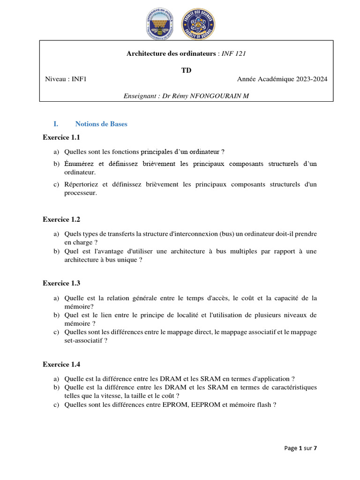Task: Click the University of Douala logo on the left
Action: pos(159,24)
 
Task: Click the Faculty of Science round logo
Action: pos(198,24)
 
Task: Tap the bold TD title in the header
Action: pos(187,70)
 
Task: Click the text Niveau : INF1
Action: pos(66,79)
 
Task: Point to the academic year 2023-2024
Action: pos(311,79)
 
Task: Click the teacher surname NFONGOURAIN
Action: pos(218,96)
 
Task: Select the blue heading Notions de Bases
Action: pos(101,124)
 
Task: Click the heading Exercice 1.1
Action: pos(61,137)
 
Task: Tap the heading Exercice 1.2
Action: pos(61,219)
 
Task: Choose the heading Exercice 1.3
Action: pos(61,283)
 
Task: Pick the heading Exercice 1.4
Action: pos(61,364)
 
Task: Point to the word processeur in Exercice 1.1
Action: pos(80,193)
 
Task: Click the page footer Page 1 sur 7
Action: pos(300,448)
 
